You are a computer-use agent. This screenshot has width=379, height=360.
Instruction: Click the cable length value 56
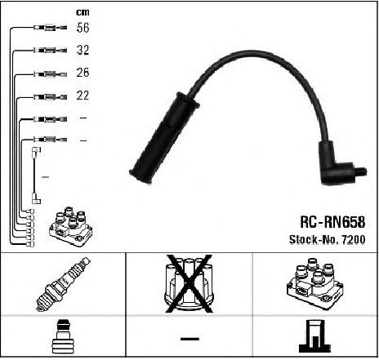[82, 28]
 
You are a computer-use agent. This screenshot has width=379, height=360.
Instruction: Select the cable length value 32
[82, 50]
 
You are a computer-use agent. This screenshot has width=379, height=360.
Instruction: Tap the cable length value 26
[82, 73]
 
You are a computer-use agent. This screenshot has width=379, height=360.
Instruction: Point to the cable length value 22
[82, 96]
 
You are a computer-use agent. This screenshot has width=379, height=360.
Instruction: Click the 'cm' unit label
[82, 12]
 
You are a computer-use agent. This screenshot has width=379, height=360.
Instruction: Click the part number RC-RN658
[332, 222]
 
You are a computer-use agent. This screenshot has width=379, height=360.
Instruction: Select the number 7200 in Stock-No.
[353, 239]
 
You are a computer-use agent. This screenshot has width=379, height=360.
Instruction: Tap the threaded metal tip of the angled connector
[361, 171]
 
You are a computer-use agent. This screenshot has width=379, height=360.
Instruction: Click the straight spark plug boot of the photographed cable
[164, 138]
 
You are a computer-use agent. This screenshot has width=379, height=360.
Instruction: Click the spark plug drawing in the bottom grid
[64, 284]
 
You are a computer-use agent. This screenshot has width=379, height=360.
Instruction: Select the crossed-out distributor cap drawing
[189, 283]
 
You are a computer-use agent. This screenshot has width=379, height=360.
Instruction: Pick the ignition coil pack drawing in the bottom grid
[314, 283]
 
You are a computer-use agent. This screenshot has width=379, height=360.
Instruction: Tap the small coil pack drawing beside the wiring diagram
[71, 227]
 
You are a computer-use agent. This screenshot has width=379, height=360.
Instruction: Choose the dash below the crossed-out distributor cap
[189, 339]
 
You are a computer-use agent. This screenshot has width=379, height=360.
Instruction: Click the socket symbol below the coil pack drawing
[314, 337]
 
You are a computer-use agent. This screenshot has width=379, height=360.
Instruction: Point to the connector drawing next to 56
[51, 28]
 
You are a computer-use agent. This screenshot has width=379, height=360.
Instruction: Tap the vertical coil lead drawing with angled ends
[36, 176]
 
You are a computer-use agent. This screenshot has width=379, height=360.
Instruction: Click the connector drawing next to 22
[51, 97]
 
